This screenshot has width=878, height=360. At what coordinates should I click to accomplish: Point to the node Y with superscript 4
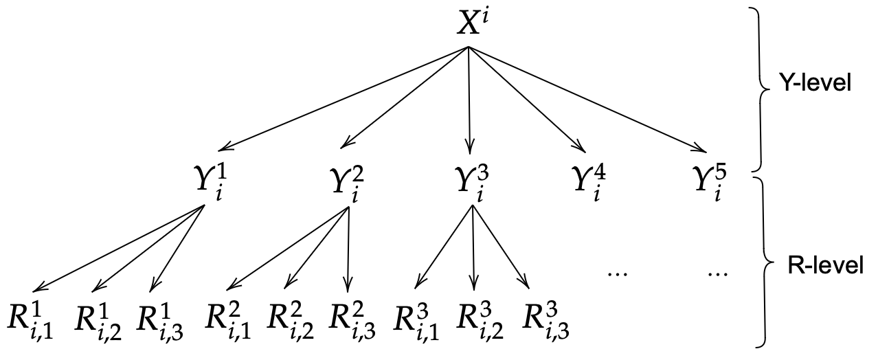[588, 183]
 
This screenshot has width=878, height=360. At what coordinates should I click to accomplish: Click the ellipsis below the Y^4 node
[618, 273]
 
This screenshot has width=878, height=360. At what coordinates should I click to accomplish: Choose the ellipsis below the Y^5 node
[717, 273]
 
